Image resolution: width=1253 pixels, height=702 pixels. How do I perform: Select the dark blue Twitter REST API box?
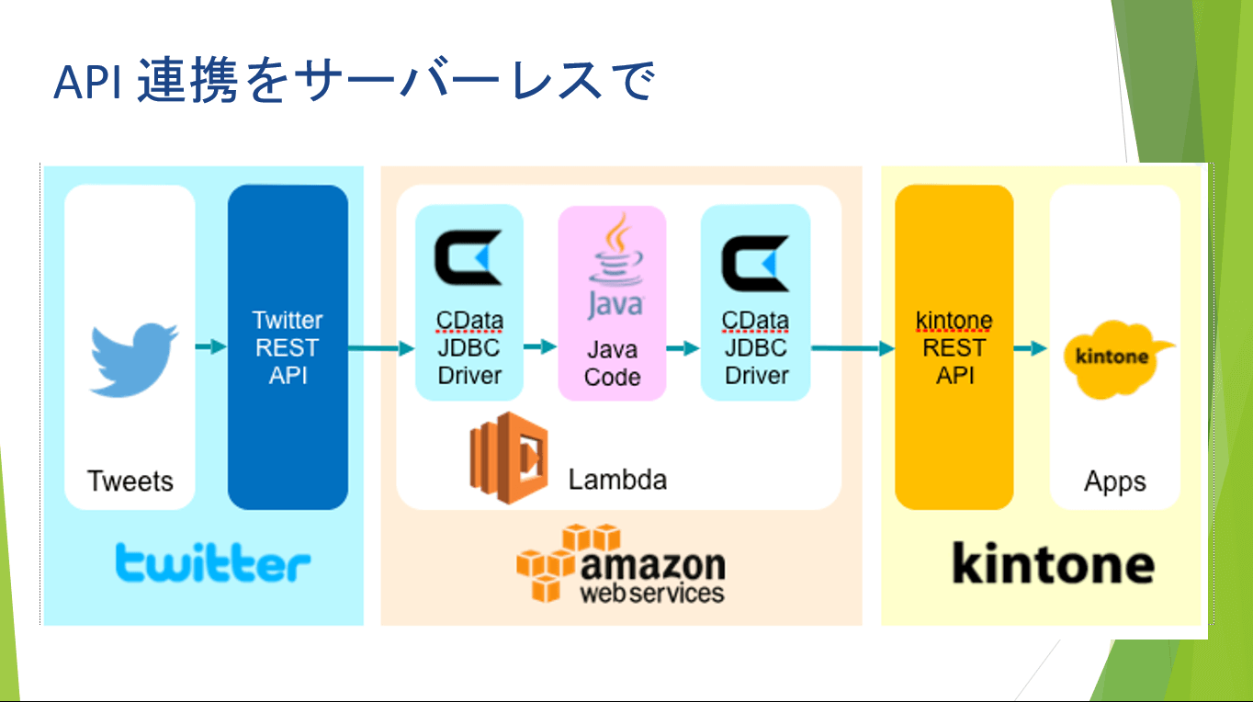288,347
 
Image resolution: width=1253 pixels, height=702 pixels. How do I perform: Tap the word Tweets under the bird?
130,481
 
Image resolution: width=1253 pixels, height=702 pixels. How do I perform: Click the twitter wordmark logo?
212,561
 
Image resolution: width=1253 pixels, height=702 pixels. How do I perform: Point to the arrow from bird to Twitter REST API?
211,347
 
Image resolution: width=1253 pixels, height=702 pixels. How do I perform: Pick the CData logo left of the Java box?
468,260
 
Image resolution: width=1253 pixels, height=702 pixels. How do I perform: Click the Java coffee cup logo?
614,266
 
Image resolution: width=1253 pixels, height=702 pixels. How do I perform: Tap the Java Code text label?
612,363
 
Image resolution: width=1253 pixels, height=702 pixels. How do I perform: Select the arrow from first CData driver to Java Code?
540,347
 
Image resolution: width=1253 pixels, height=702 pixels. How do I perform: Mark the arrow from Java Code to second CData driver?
683,348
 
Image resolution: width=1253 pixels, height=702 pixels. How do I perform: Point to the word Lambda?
616,479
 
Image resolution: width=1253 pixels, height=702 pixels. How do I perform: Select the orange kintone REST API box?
954,347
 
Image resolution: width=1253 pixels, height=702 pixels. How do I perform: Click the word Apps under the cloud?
1114,481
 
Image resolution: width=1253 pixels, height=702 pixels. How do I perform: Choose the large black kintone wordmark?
1053,562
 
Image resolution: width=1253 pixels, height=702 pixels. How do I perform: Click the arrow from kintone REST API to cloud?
1031,348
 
